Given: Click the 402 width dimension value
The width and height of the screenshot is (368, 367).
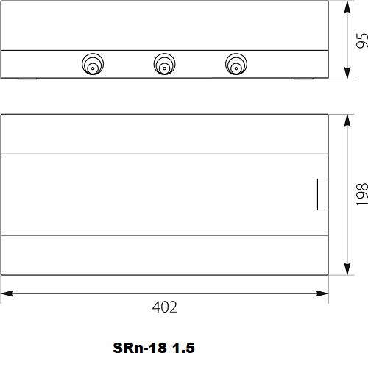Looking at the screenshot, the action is [x=164, y=307].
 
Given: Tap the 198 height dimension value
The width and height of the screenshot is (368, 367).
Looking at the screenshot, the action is [x=362, y=194].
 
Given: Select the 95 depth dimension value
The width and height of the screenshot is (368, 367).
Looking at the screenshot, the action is [x=362, y=40].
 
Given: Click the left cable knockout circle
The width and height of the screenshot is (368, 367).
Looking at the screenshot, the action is [x=93, y=64].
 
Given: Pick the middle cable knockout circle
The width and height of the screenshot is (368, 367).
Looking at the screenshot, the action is [x=164, y=64].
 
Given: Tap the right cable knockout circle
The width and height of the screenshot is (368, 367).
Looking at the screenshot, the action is [x=236, y=64].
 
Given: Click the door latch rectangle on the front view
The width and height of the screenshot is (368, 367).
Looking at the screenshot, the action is [x=323, y=194].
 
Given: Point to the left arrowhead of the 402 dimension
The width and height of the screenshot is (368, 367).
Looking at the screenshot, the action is [x=7, y=293].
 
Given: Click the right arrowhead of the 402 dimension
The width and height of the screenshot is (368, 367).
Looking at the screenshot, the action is [x=322, y=293].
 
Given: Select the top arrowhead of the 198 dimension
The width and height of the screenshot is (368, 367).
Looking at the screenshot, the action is [x=347, y=121].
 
